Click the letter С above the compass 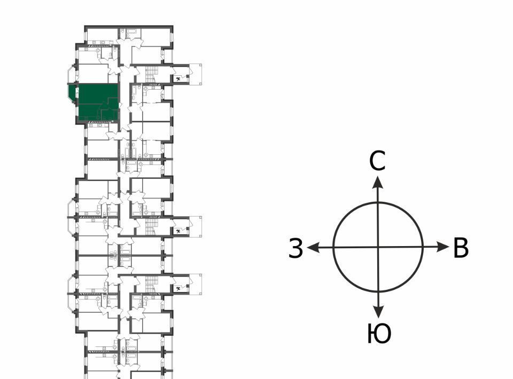[x=378, y=161]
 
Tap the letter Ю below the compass [x=379, y=334]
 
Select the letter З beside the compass [x=296, y=248]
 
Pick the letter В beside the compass [x=461, y=248]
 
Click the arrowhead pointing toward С [x=378, y=181]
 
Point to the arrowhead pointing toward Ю [x=378, y=312]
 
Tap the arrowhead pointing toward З [x=314, y=247]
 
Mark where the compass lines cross [x=378, y=247]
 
